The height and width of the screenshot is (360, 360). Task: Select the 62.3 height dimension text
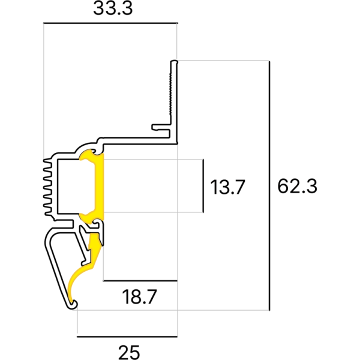coord(296,187)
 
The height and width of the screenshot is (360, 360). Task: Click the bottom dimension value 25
coord(128,350)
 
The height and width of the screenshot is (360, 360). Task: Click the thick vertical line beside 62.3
coord(270,186)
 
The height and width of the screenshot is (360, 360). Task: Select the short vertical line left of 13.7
coord(204,186)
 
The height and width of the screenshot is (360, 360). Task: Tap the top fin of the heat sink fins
coord(49,161)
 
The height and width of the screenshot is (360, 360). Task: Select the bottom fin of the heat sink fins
coord(49,211)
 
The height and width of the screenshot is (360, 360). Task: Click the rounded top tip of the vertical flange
coord(174,62)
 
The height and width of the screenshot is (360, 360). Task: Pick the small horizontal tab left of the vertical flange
coord(160,127)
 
